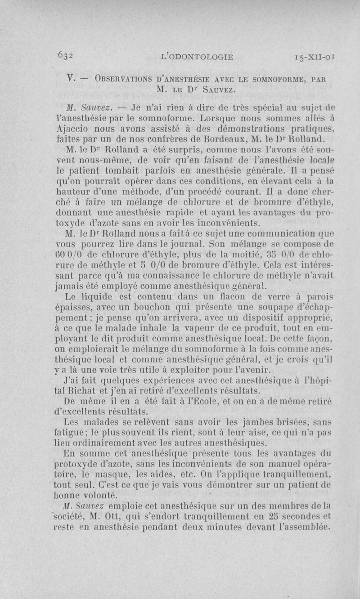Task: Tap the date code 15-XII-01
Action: coord(314,57)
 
